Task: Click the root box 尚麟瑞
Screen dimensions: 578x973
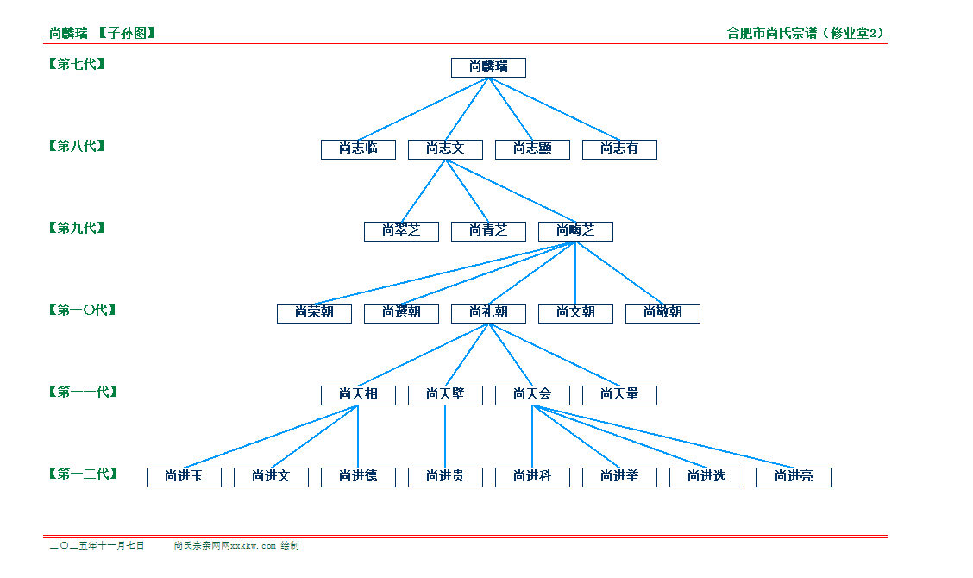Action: [x=488, y=67]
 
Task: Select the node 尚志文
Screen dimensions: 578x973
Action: [x=445, y=149]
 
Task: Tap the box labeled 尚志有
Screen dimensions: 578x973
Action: [x=619, y=149]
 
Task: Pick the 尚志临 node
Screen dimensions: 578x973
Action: [x=358, y=149]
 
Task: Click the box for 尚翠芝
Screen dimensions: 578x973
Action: [x=401, y=231]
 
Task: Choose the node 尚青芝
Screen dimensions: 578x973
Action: [x=488, y=231]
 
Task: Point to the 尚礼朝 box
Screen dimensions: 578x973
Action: [x=488, y=313]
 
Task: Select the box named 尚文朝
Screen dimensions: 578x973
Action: [x=575, y=313]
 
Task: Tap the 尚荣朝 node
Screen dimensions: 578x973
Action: [x=314, y=313]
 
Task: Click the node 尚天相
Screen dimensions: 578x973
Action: [x=358, y=395]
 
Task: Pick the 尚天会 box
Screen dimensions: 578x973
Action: [x=532, y=395]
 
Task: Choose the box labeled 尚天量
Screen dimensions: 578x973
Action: [x=619, y=395]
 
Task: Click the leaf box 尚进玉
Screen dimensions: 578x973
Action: [x=184, y=477]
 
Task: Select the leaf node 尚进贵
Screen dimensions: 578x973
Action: [x=445, y=477]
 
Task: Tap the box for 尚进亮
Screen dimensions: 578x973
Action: [x=794, y=477]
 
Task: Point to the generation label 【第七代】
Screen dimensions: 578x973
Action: [x=78, y=64]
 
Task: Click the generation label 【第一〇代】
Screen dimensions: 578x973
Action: [x=83, y=310]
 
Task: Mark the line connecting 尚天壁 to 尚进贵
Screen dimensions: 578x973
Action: [x=445, y=436]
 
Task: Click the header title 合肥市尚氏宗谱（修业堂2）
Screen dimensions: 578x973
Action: [x=806, y=34]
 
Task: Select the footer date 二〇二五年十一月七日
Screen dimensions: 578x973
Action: [x=97, y=546]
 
